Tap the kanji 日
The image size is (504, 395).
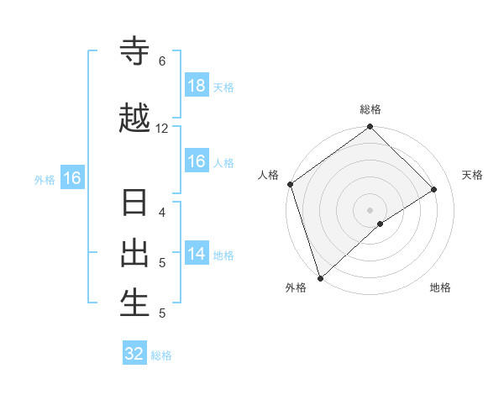[x=134, y=204]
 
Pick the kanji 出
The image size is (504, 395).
[x=134, y=253]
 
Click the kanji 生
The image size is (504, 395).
[x=134, y=303]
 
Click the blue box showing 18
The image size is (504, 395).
[x=197, y=86]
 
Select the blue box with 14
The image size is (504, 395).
[x=197, y=254]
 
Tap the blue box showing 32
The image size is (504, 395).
[x=134, y=354]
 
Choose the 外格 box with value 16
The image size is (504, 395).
[x=71, y=178]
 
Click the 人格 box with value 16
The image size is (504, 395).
[x=197, y=161]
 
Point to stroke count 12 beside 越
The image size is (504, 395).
[x=162, y=129]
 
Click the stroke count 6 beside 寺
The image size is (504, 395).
[x=161, y=61]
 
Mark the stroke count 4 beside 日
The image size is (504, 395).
[x=161, y=213]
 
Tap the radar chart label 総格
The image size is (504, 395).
[x=370, y=110]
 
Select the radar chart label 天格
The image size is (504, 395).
[x=472, y=175]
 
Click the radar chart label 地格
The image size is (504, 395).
[x=440, y=288]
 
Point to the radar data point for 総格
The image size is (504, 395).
[x=370, y=128]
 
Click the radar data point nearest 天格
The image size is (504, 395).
[x=434, y=189]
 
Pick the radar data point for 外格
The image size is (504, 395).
[x=319, y=277]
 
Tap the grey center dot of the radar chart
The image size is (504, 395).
[x=370, y=209]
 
